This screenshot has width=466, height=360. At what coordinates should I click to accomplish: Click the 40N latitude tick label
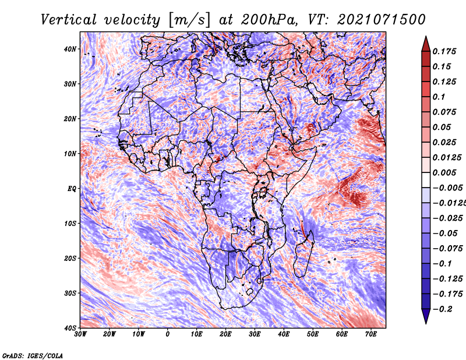tap(70, 49)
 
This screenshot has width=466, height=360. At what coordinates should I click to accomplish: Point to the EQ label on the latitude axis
tap(72, 189)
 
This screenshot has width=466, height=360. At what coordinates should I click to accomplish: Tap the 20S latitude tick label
tap(70, 258)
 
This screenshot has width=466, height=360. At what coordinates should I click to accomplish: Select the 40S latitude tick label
tap(70, 328)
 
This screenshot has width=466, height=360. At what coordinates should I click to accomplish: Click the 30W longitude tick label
tap(80, 334)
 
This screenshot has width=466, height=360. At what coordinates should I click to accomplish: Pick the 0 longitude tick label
tap(168, 334)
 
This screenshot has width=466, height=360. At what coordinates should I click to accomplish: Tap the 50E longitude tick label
tap(313, 334)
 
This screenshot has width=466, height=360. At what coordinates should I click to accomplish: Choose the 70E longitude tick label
tap(371, 334)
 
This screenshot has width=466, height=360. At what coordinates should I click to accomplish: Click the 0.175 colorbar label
tap(444, 51)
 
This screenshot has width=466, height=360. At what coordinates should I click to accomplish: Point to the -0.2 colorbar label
tap(443, 309)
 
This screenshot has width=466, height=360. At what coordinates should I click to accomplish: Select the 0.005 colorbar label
tap(444, 172)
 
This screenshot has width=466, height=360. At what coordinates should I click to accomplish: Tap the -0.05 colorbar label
tap(445, 234)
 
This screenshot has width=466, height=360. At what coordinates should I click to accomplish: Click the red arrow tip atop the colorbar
tap(426, 37)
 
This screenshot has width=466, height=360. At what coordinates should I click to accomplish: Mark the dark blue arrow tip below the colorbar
tap(426, 323)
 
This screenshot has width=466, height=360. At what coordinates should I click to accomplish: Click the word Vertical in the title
tap(69, 20)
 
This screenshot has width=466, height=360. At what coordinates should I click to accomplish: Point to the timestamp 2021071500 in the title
tap(382, 20)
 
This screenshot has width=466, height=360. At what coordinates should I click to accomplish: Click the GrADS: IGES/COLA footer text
tap(33, 355)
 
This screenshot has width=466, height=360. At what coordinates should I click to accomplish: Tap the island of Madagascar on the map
tap(303, 254)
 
